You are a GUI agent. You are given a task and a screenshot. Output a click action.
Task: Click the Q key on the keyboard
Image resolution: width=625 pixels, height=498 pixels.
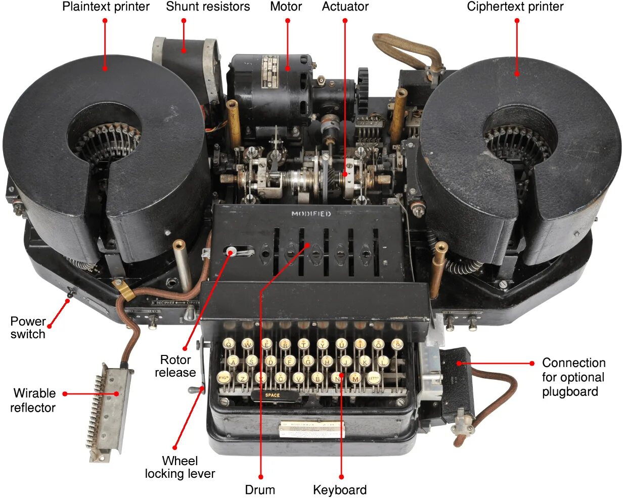229,344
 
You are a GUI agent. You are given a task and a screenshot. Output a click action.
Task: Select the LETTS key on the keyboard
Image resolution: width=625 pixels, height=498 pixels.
374,378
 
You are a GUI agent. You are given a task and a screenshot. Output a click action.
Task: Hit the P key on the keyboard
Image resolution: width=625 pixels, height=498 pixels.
397,344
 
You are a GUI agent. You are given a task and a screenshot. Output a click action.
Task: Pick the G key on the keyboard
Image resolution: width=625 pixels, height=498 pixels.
308,361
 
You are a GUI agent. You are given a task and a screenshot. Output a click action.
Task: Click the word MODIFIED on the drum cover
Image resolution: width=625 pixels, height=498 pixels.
311,214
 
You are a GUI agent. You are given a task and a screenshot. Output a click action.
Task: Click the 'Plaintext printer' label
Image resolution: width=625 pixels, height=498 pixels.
106,7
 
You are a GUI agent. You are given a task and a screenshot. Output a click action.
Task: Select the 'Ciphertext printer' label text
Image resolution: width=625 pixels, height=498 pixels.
515,7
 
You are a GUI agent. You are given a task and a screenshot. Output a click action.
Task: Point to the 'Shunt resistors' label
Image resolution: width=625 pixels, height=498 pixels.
208,7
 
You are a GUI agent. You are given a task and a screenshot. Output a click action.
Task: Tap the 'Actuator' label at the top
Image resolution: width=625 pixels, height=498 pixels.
345,7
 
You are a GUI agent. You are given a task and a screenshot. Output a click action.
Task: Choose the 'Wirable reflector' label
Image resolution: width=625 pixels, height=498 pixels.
33,400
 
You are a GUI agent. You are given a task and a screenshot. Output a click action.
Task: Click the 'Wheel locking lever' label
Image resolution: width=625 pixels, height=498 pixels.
180,467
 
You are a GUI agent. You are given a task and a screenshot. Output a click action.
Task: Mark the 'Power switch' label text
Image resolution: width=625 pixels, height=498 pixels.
28,328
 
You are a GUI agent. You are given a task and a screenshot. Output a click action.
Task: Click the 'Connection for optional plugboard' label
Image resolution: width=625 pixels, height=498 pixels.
573,377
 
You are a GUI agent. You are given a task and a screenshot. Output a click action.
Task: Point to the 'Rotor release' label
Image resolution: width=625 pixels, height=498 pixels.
175,366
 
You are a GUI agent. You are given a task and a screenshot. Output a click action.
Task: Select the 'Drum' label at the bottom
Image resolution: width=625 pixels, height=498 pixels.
260,489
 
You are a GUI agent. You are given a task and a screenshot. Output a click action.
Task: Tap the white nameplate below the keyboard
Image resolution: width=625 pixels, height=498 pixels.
311,429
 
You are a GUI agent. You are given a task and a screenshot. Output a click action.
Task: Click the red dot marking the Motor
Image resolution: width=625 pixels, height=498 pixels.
287,21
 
